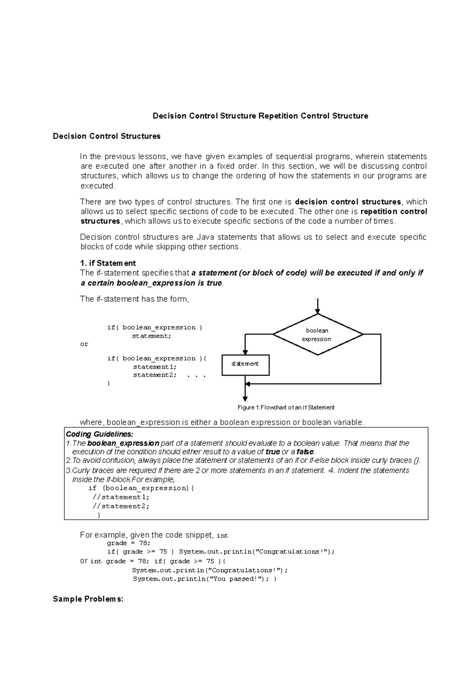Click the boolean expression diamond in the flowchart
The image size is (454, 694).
tap(317, 334)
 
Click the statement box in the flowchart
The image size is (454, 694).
tap(245, 365)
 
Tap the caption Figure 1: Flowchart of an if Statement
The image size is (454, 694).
tap(286, 407)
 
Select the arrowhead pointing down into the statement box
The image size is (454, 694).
tap(245, 352)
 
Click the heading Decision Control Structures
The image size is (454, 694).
tap(107, 136)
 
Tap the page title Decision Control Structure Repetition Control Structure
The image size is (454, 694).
tap(260, 116)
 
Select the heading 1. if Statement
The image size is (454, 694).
tap(108, 263)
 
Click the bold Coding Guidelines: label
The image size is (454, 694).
tap(100, 434)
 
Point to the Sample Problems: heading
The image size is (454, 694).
tap(88, 599)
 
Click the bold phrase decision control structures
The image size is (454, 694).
tap(348, 202)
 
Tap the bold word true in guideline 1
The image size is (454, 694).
tap(273, 452)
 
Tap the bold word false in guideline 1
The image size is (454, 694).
tap(305, 452)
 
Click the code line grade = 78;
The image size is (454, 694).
tap(129, 543)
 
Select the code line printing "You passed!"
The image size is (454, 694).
tap(204, 579)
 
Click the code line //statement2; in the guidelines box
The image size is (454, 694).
tap(121, 506)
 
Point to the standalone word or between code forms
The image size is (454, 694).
tap(84, 344)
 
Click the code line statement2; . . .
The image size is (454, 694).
tap(154, 375)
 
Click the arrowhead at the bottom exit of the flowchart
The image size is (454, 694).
tap(245, 399)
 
